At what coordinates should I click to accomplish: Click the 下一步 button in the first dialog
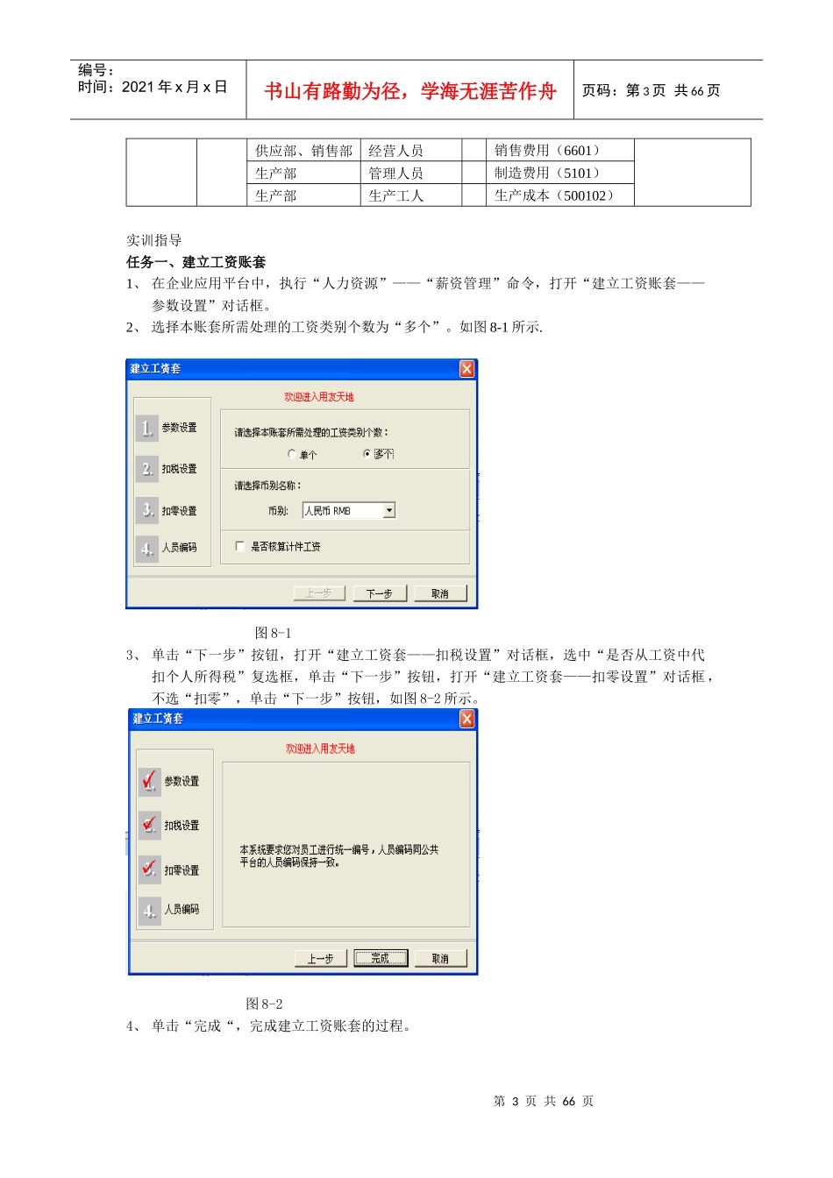click(379, 593)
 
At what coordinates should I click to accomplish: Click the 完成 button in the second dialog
click(381, 958)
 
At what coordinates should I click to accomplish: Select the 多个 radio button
click(367, 454)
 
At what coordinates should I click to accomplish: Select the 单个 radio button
click(292, 454)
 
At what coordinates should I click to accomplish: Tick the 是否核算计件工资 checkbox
click(240, 546)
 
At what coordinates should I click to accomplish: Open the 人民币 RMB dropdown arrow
click(389, 510)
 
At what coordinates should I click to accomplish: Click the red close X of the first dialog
click(467, 369)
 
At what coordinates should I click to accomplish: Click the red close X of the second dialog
click(467, 719)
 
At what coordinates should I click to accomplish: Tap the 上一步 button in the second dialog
click(321, 958)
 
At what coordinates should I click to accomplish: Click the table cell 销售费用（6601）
click(547, 151)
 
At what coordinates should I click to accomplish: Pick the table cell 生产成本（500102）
click(554, 195)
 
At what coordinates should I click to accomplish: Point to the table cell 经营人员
click(396, 151)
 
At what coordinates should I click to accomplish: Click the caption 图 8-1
click(273, 633)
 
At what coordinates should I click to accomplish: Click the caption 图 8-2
click(264, 1004)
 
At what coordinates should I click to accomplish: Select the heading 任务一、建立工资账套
click(196, 262)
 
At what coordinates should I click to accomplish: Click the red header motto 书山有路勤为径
click(333, 91)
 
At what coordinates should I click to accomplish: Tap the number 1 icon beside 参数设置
click(147, 428)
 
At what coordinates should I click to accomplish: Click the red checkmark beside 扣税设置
click(150, 824)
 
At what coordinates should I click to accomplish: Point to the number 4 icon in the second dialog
click(150, 910)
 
